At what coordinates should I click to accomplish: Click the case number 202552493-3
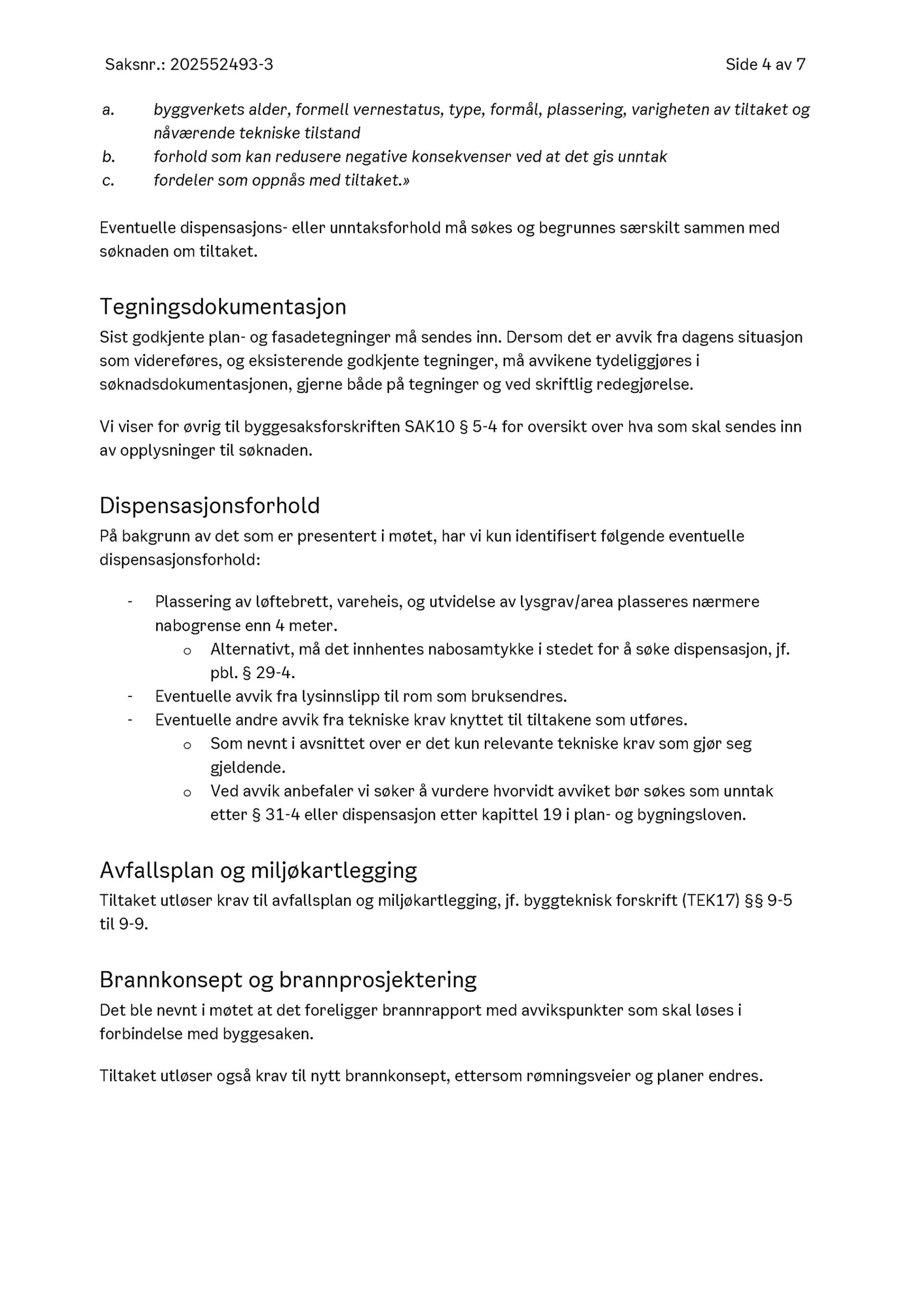coord(221,65)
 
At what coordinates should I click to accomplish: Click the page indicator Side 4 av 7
coord(765,65)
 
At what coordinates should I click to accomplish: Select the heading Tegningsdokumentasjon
coord(223,307)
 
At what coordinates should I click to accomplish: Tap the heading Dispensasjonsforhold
coord(209,506)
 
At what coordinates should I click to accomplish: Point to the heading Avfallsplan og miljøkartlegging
coord(258,870)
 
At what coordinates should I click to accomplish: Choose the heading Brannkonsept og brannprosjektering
coord(288,980)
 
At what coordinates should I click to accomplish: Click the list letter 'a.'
coord(108,110)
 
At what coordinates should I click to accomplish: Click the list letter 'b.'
coord(108,157)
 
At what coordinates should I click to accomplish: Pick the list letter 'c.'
coord(108,181)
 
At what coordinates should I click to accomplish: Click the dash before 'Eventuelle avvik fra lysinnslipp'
coord(130,696)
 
